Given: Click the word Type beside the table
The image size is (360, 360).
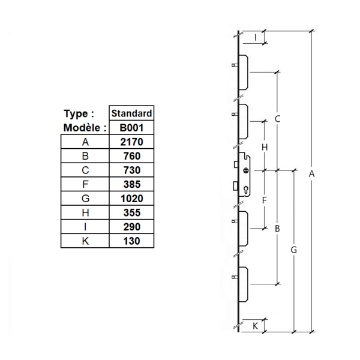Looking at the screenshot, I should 79,113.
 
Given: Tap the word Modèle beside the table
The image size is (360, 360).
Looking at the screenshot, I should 85,128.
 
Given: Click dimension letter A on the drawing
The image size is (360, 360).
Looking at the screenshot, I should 311,174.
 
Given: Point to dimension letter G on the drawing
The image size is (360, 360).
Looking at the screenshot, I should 293,250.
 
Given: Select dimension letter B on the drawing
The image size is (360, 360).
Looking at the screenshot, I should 277,229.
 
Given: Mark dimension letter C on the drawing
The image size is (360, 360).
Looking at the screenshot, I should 277,119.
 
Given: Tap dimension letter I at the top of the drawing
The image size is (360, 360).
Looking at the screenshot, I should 256,38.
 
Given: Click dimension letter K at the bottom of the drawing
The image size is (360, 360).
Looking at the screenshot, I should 256,326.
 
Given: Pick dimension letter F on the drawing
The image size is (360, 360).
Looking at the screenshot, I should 264,200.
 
